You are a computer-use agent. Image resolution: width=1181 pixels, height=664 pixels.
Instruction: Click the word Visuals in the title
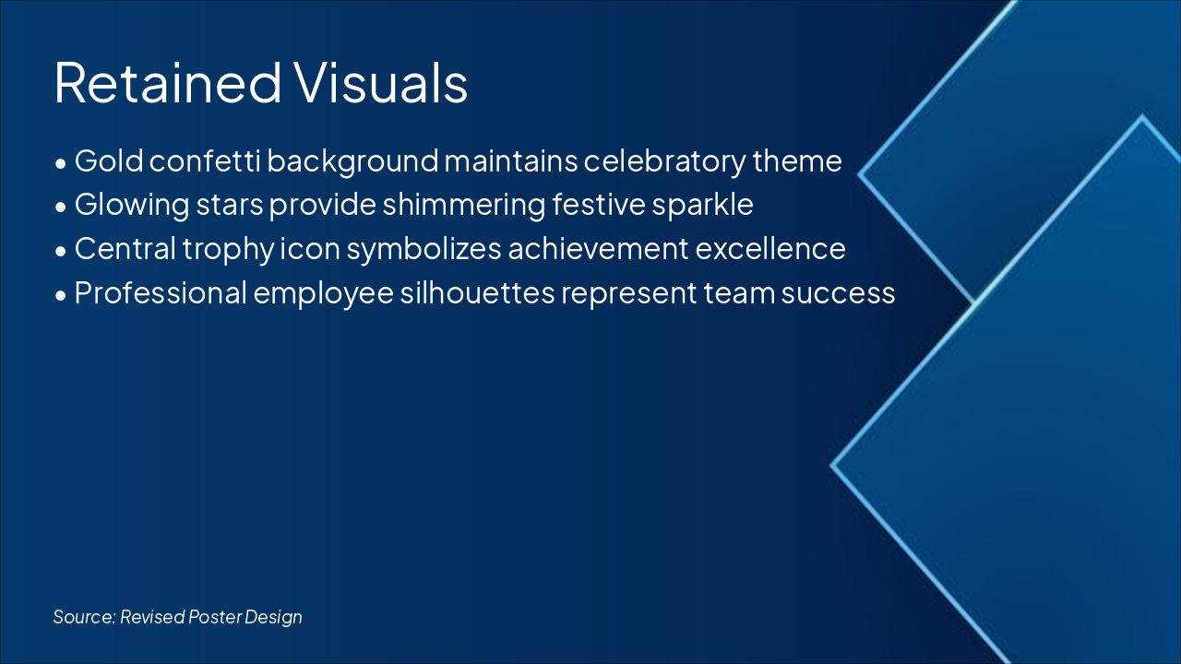(x=381, y=82)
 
